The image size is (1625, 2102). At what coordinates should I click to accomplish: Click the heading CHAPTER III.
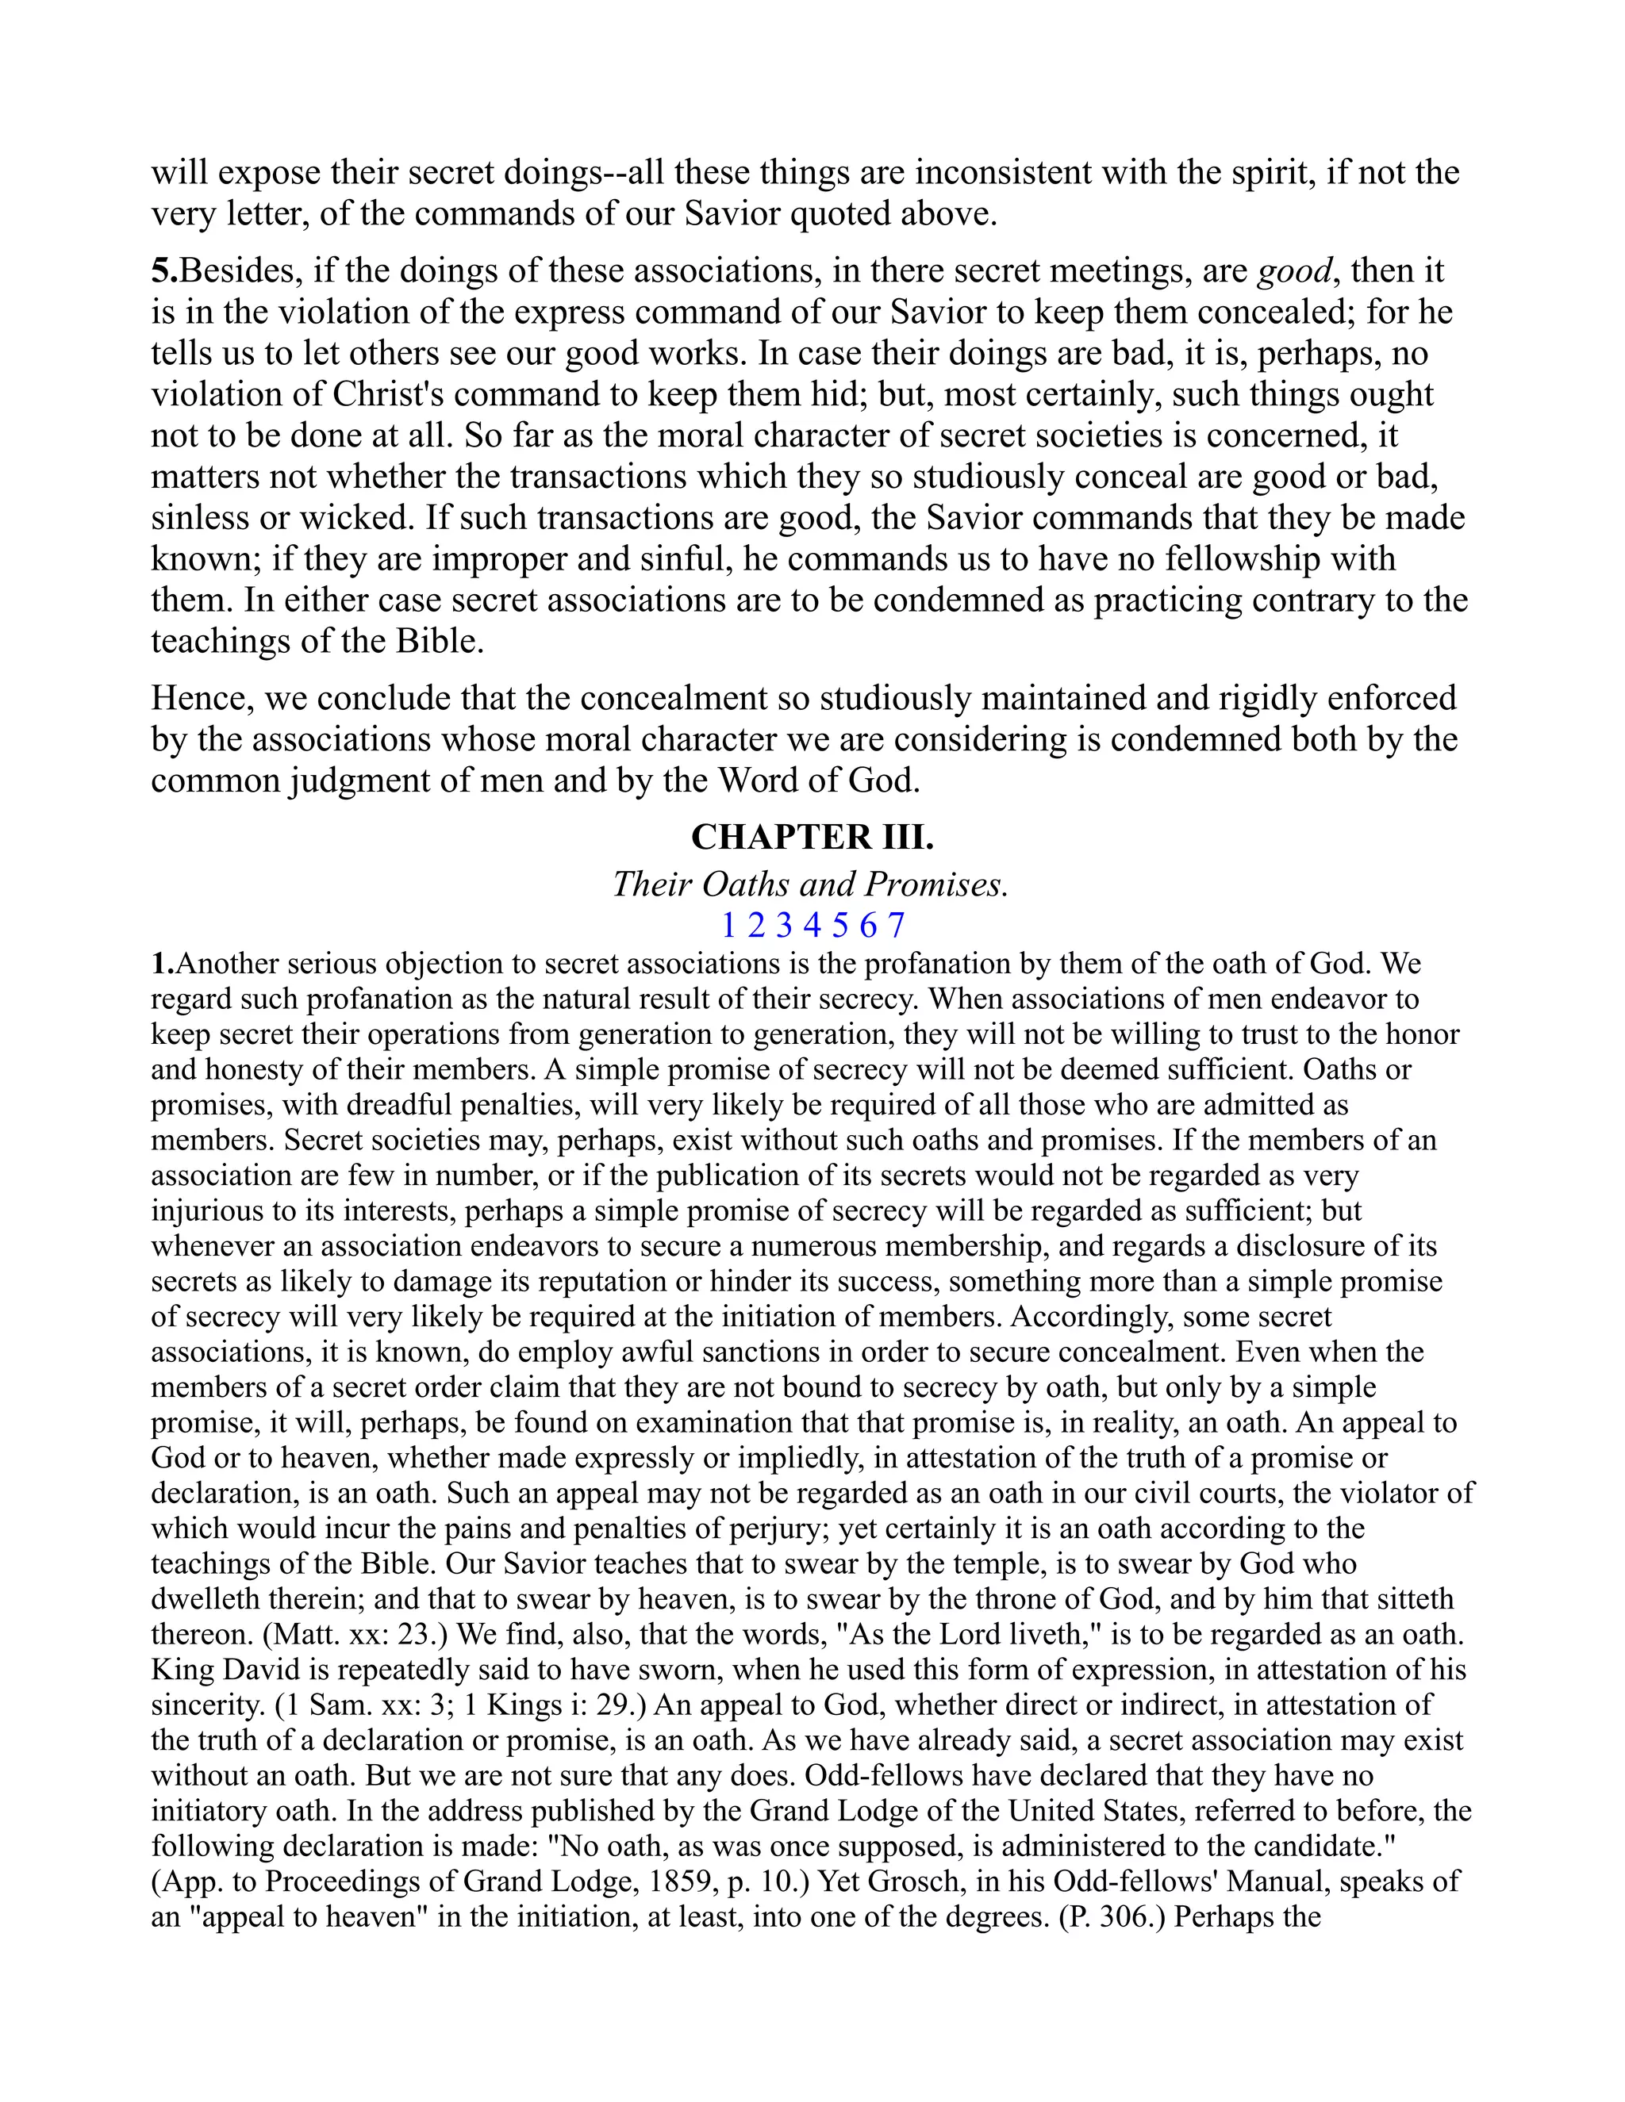(x=812, y=838)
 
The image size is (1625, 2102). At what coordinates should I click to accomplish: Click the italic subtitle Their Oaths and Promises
(x=811, y=884)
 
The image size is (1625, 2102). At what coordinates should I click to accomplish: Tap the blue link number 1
(x=728, y=926)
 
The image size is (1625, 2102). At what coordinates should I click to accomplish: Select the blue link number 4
(x=812, y=926)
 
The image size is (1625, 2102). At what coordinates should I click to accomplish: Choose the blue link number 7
(x=897, y=926)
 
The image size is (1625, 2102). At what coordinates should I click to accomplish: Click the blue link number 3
(x=785, y=926)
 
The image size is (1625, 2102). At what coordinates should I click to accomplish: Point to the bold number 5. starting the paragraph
(x=164, y=271)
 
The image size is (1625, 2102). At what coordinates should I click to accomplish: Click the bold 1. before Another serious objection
(x=163, y=964)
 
